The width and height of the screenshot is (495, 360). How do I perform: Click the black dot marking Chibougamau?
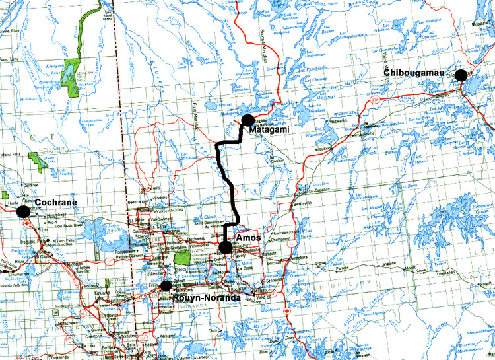click(461, 75)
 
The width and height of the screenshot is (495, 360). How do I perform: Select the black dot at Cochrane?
click(24, 211)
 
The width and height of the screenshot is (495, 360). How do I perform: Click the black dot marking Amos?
click(226, 248)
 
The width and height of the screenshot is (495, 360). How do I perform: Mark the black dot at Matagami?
click(247, 120)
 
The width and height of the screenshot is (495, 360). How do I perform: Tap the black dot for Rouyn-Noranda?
click(166, 285)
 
